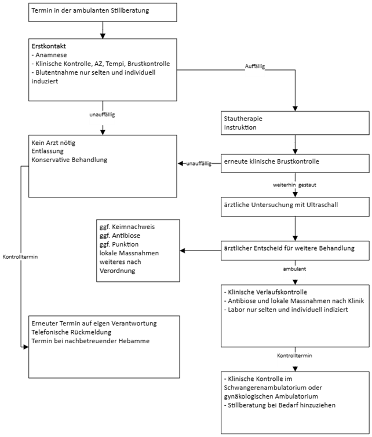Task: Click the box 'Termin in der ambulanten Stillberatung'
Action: [103, 12]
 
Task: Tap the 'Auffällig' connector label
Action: [255, 67]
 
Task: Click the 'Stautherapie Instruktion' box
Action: [294, 123]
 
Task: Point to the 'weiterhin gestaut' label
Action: [294, 185]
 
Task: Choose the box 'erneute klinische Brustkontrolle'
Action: [294, 163]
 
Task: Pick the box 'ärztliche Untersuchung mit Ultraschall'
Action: [294, 206]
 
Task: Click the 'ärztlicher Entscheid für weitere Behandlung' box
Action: [294, 249]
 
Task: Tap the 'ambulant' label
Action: [294, 270]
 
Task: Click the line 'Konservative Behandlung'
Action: [70, 160]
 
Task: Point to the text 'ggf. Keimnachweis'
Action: [127, 227]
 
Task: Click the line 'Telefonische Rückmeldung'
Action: [72, 332]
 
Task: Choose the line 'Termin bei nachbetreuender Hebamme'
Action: [90, 341]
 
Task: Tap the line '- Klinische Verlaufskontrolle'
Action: [265, 292]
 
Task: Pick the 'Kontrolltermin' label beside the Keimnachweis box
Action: [20, 256]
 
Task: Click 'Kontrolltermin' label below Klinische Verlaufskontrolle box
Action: [294, 355]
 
